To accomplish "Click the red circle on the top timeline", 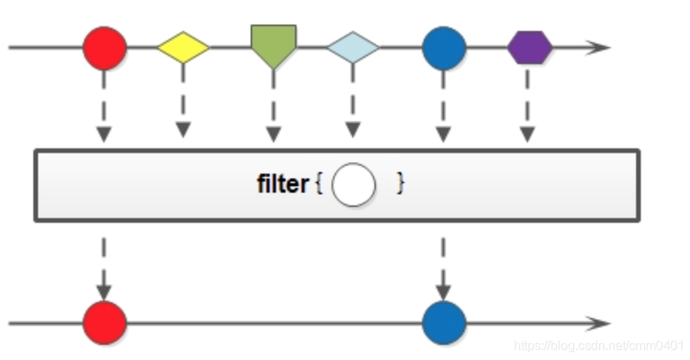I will [105, 48].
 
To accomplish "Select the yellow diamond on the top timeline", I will [183, 48].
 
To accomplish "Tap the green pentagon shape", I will [274, 44].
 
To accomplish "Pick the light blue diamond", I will [353, 48].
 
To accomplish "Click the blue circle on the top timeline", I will [443, 48].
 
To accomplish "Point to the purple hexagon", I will [529, 48].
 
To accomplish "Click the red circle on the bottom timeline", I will [105, 323].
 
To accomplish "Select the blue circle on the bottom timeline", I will [443, 323].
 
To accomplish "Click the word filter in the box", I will [282, 185].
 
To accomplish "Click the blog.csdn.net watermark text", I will [598, 346].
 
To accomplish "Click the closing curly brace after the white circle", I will [401, 185].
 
